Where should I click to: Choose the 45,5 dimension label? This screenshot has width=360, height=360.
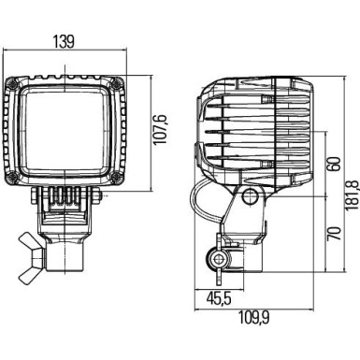[217, 298]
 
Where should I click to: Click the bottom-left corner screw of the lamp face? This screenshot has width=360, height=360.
[15, 178]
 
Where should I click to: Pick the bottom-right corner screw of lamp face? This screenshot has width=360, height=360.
[117, 178]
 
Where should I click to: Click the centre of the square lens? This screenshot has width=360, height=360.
[66, 131]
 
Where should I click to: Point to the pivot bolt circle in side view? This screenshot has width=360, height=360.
[249, 198]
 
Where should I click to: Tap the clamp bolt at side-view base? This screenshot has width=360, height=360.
[220, 258]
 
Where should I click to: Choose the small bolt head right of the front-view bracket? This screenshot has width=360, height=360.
[98, 197]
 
